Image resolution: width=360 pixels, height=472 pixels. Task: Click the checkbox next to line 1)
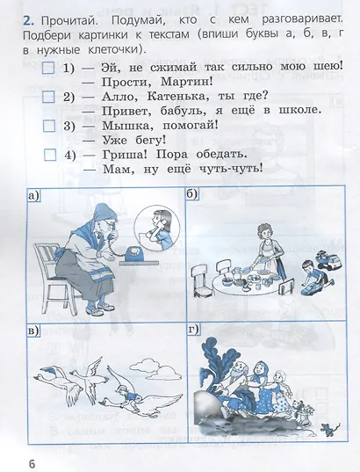[x=48, y=68]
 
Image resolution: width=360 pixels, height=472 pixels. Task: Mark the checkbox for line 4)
[x=48, y=155]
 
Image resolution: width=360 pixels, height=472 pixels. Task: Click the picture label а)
[x=34, y=197]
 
